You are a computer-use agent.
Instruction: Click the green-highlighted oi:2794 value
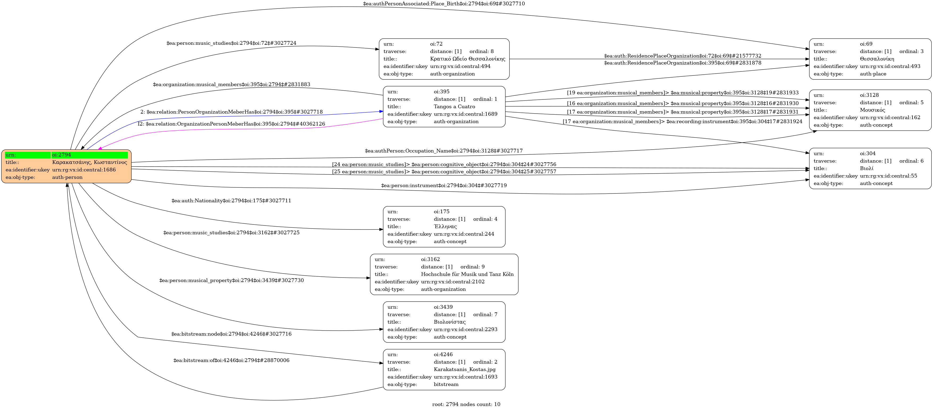click(x=62, y=155)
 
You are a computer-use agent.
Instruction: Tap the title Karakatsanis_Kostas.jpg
click(x=464, y=369)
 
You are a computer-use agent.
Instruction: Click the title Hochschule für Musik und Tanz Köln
click(x=467, y=274)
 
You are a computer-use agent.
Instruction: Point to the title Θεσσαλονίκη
click(x=877, y=59)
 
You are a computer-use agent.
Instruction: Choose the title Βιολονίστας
click(x=450, y=322)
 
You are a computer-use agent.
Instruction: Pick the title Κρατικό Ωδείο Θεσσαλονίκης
click(x=467, y=59)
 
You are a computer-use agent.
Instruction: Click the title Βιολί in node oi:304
click(x=866, y=168)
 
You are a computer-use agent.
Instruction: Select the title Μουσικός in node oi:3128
click(x=872, y=110)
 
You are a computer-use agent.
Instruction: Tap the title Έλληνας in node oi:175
click(x=445, y=227)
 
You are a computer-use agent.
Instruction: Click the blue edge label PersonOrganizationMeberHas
click(x=232, y=112)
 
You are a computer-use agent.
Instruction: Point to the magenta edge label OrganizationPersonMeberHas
click(x=232, y=124)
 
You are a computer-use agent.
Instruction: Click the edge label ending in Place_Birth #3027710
click(x=444, y=4)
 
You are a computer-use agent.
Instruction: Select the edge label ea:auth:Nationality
click(x=231, y=200)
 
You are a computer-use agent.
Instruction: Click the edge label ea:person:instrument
click(x=444, y=186)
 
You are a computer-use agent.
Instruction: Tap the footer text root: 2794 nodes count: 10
click(x=466, y=404)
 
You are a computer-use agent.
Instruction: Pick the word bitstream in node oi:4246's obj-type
click(x=446, y=384)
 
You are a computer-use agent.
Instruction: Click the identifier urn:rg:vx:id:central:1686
click(x=84, y=170)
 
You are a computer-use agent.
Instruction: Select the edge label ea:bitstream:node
click(x=231, y=334)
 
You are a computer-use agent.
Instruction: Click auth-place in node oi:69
click(x=873, y=74)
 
